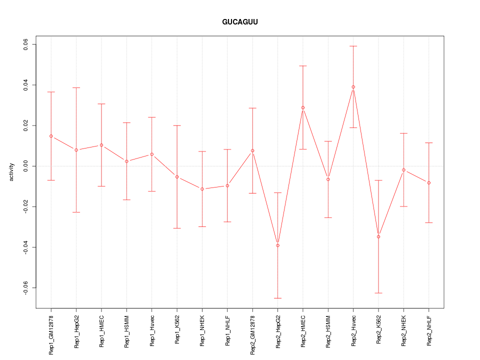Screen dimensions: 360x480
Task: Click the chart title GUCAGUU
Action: [x=240, y=22]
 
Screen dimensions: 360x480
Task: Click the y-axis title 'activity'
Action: [x=11, y=172]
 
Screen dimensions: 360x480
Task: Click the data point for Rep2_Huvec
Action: [x=353, y=87]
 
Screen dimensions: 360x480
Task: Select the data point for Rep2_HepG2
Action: [x=277, y=245]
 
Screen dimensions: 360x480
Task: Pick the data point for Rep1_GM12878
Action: [x=51, y=136]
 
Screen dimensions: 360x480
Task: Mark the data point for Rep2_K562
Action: [x=378, y=236]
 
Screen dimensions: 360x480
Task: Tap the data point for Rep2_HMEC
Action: [x=303, y=107]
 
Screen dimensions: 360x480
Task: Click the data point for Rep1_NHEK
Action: [x=202, y=189]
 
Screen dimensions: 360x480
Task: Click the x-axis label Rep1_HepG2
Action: [x=76, y=331]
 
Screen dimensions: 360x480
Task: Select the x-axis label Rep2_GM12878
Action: [x=252, y=334]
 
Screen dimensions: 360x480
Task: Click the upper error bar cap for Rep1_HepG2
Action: [x=76, y=88]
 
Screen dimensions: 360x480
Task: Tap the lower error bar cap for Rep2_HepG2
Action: [x=277, y=298]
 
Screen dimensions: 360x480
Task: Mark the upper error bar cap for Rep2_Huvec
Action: [x=353, y=46]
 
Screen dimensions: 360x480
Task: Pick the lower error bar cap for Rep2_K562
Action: [x=378, y=293]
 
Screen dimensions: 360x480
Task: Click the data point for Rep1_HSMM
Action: [x=126, y=161]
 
